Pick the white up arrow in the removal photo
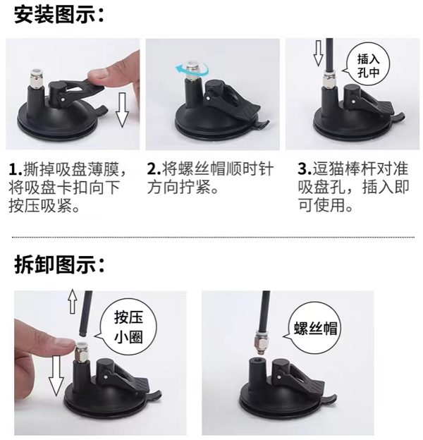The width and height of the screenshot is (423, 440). pyautogui.click(x=72, y=303)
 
